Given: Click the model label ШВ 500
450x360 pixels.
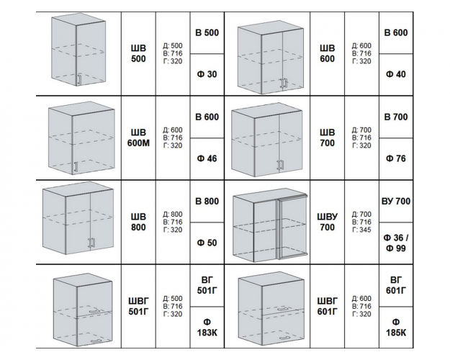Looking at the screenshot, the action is coord(138,53).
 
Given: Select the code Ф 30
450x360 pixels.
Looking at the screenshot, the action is coord(207,74).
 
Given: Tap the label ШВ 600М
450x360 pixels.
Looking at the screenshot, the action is coord(138,138).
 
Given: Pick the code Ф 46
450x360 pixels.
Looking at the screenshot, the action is coord(207,158).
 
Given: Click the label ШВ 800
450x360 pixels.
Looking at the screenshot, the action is coord(138,222).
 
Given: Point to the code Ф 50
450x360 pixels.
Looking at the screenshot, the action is coord(207,243).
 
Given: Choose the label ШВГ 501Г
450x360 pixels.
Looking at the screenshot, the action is coord(138,306).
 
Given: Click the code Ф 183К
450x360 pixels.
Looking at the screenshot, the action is coord(207,328).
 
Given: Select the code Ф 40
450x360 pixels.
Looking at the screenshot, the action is coord(396,74).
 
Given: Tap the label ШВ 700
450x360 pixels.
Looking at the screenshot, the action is coord(327,138).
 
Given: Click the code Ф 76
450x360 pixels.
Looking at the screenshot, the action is coord(396,158).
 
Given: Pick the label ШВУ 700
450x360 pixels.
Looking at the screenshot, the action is coord(327,222).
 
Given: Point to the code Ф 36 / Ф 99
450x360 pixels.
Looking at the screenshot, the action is coord(396,243).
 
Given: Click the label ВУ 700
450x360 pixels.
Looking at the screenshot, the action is coord(396,202).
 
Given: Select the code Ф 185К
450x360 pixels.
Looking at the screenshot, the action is coord(396,328).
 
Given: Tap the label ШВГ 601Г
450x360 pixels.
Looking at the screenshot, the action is coord(327,306).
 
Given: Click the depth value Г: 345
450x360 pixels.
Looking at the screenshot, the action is coord(361,230).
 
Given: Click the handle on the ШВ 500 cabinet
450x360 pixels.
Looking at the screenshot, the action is coord(80,79).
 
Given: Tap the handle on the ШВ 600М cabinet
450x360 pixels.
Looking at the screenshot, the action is coord(76,167).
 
